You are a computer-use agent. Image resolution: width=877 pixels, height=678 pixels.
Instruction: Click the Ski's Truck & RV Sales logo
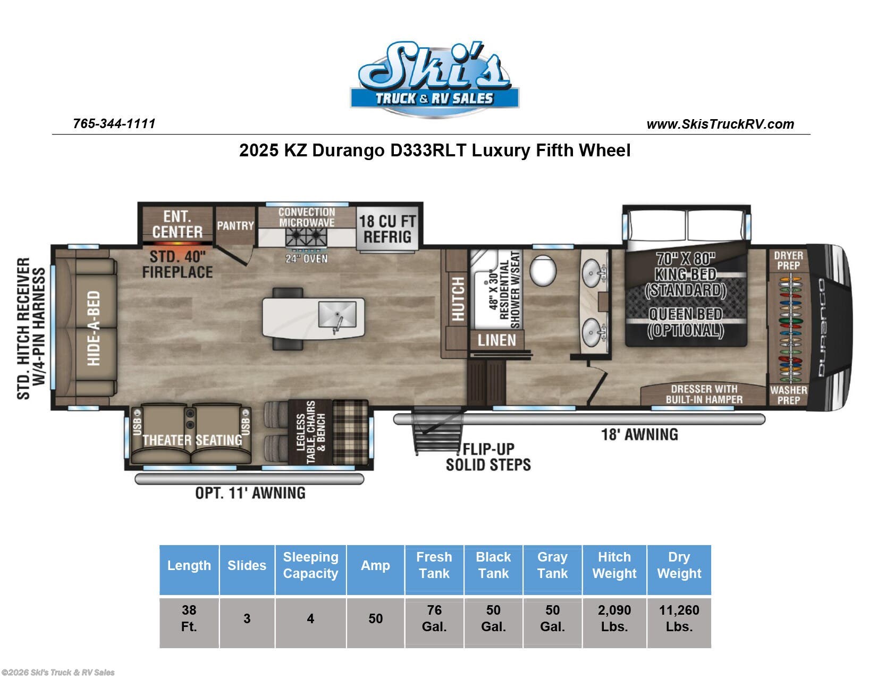(434, 80)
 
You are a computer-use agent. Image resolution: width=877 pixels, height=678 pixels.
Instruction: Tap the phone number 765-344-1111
(114, 123)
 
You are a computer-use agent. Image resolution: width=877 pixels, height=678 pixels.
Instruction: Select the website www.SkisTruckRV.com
(720, 124)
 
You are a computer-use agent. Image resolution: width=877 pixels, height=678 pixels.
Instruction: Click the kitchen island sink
(337, 315)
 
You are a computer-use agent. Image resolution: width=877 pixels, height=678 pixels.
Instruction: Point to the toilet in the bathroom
(543, 271)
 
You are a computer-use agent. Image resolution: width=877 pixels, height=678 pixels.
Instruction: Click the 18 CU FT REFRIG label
(387, 229)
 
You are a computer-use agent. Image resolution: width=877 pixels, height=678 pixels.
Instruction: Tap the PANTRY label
(235, 225)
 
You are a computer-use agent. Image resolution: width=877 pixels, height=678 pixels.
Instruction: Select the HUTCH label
(457, 299)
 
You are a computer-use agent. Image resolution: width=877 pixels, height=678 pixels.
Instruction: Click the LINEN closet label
(496, 340)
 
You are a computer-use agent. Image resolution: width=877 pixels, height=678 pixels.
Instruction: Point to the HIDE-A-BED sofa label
(94, 328)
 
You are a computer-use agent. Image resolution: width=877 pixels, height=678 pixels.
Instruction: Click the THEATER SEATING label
(192, 440)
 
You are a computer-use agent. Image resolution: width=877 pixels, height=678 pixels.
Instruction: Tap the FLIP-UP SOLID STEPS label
(487, 457)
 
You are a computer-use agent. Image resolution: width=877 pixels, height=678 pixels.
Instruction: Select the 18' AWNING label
(639, 434)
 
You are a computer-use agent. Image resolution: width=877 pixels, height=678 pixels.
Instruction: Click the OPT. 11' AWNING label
(250, 493)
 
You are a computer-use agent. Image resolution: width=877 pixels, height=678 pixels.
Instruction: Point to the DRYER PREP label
(788, 260)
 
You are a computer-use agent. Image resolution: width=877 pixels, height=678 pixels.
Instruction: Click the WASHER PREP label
(788, 395)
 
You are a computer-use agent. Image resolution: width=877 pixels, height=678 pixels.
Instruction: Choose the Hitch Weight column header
(614, 565)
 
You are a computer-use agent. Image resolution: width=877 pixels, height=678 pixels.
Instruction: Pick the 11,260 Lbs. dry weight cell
(679, 618)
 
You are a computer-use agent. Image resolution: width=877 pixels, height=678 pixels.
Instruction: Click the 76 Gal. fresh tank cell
(434, 618)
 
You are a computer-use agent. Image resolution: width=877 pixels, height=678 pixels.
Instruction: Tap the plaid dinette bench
(350, 433)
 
